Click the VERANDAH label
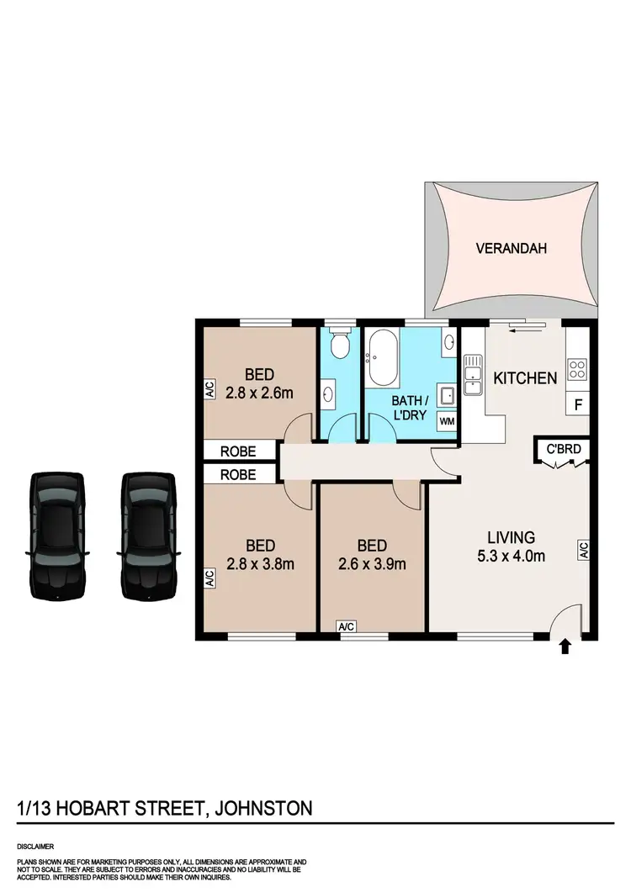(x=512, y=248)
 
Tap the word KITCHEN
(x=524, y=378)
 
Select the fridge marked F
(x=578, y=404)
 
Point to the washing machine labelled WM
(x=448, y=421)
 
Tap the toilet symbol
(x=340, y=345)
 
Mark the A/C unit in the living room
(x=582, y=551)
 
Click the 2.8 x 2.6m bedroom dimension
(x=260, y=392)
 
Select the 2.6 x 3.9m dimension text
(x=373, y=564)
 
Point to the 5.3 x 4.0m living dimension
(x=512, y=556)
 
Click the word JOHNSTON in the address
(x=264, y=809)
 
